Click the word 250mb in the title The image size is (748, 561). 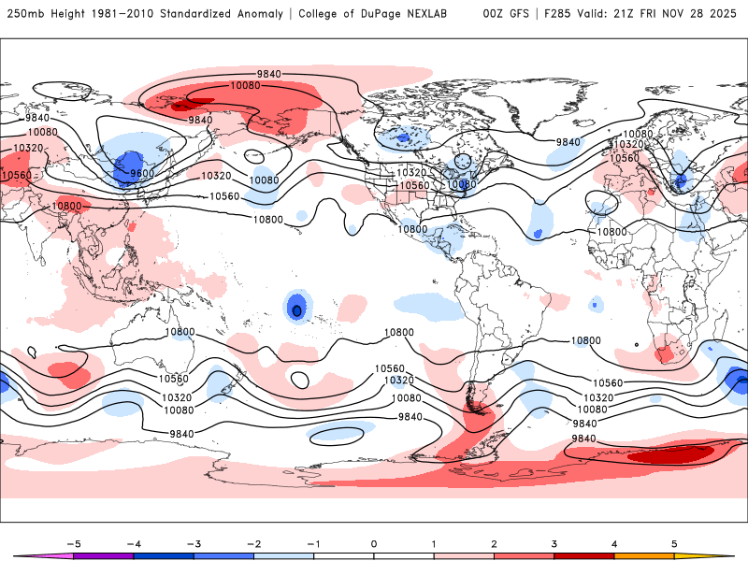pyautogui.click(x=23, y=14)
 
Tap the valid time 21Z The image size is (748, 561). pyautogui.click(x=629, y=14)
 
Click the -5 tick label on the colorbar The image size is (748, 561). pyautogui.click(x=74, y=543)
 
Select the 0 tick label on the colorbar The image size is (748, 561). pyautogui.click(x=374, y=543)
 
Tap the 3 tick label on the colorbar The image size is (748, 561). pyautogui.click(x=554, y=543)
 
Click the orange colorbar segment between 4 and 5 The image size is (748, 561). pyautogui.click(x=643, y=555)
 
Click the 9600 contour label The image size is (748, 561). pyautogui.click(x=143, y=173)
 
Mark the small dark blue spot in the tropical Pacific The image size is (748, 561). pyautogui.click(x=296, y=309)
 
